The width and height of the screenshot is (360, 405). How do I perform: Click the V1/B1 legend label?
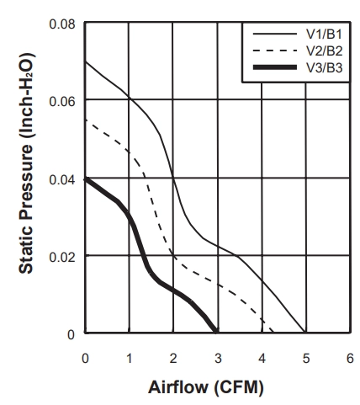(324, 35)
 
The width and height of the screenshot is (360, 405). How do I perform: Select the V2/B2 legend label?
(324, 51)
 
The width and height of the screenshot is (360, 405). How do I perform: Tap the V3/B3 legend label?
(324, 67)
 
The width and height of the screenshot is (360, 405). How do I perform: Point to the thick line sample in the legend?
(275, 67)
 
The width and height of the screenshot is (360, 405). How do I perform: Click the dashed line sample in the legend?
(275, 51)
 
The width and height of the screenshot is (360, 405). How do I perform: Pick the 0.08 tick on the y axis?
(62, 24)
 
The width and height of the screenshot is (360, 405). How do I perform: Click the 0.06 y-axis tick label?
(62, 102)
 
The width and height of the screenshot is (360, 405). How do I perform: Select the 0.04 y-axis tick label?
(62, 180)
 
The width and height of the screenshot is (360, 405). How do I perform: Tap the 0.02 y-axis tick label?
(62, 258)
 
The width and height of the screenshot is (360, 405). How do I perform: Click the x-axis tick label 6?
(350, 359)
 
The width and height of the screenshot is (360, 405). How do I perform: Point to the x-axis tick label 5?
(306, 359)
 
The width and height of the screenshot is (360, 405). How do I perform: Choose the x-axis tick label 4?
(262, 359)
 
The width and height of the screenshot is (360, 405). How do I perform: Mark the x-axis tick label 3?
(218, 359)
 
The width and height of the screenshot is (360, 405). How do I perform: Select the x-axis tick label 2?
(173, 359)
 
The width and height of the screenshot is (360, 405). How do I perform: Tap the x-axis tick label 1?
(130, 359)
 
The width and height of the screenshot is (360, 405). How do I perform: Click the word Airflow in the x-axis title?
(178, 387)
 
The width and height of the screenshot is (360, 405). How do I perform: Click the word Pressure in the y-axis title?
(26, 183)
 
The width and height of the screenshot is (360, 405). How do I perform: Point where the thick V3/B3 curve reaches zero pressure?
(216, 333)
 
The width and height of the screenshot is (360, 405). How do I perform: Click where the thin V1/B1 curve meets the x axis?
(304, 333)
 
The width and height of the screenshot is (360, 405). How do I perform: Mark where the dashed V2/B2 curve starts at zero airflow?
(86, 120)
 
